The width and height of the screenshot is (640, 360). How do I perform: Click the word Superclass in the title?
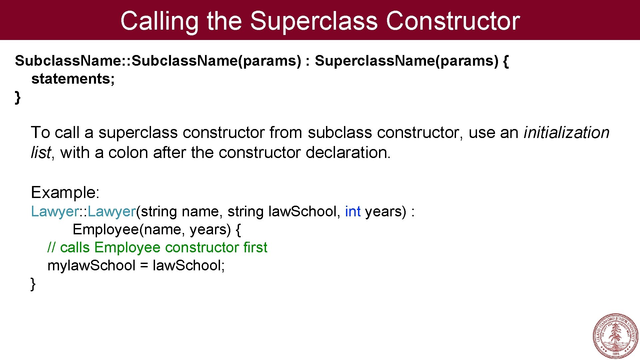coord(314,21)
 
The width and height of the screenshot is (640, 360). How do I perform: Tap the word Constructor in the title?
coord(452,21)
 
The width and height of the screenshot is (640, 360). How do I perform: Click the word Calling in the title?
coord(159,21)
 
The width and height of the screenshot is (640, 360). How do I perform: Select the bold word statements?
coord(73,79)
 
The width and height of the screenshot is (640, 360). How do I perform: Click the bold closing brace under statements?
coord(18,97)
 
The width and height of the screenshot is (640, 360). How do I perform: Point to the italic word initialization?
coord(566,133)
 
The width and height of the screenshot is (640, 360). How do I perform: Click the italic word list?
coord(41,153)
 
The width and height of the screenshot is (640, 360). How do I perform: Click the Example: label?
coord(65,193)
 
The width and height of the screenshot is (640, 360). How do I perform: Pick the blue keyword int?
coord(353,212)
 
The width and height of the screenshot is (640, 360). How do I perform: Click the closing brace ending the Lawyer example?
coord(33,284)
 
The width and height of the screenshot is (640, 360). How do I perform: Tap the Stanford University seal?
coord(615,336)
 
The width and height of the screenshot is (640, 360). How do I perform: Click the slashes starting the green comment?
coord(51,248)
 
